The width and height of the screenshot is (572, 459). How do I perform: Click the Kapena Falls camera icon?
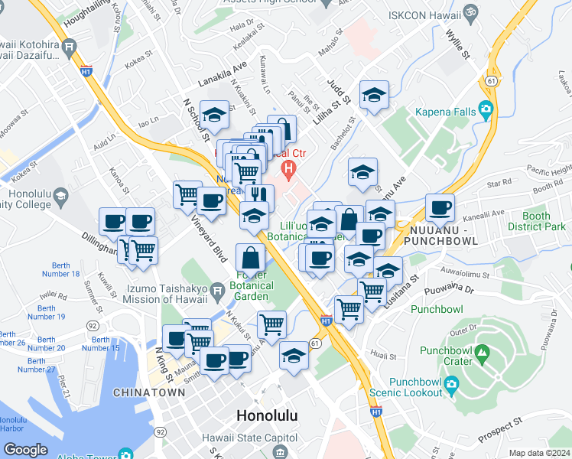(x=486, y=111)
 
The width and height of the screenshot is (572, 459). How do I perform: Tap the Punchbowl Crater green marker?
(x=481, y=354)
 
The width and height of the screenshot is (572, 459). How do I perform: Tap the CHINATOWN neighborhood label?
(x=148, y=392)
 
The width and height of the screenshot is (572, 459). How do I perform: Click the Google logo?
(x=24, y=450)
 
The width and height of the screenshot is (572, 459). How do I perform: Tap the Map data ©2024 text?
(x=539, y=453)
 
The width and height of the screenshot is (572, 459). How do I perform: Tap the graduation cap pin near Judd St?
(x=374, y=95)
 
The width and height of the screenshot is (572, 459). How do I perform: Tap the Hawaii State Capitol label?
(x=243, y=438)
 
